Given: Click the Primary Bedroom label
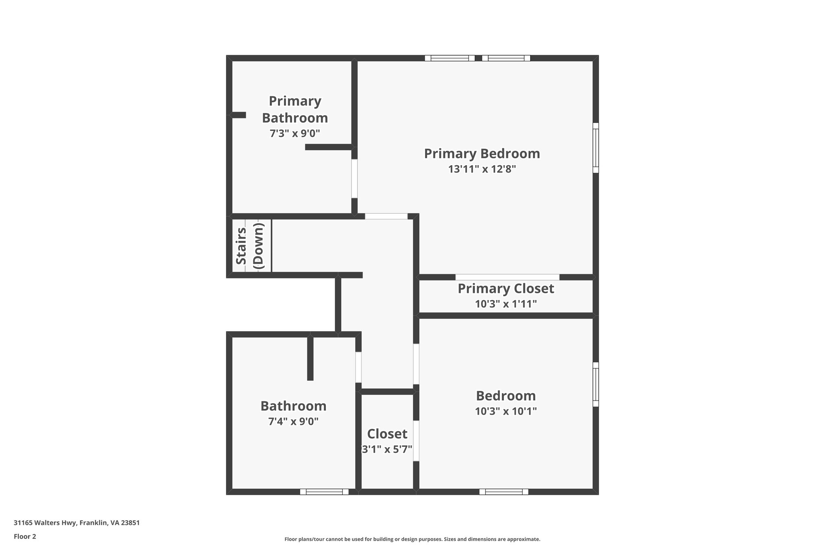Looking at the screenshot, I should coord(482,154).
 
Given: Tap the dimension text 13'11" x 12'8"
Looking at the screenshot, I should coord(482,169).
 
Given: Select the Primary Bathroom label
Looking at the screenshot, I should coord(295,109).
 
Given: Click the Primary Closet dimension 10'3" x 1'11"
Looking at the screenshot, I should coord(506,304).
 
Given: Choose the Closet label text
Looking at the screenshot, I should coord(387,434).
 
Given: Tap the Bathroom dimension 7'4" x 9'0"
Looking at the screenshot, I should coord(293,422).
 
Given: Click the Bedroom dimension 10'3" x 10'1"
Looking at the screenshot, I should coord(506,411).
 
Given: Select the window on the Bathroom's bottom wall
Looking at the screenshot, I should coord(324,492).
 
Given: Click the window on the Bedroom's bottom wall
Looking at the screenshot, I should coord(504,492).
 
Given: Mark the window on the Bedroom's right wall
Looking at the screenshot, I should coord(595,384).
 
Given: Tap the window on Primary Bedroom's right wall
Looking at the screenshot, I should coord(595,148).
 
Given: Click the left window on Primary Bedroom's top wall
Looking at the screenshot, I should coord(450,58).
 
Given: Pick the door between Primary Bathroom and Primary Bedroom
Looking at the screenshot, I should coord(354,178).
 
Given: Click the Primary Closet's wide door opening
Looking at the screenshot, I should coord(507,277).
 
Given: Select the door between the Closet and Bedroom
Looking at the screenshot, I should coord(416,441).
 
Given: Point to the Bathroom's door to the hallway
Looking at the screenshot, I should coord(358,367).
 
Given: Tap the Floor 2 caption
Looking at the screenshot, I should coord(25,537).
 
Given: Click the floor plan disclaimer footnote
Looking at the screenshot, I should coord(412,539).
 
